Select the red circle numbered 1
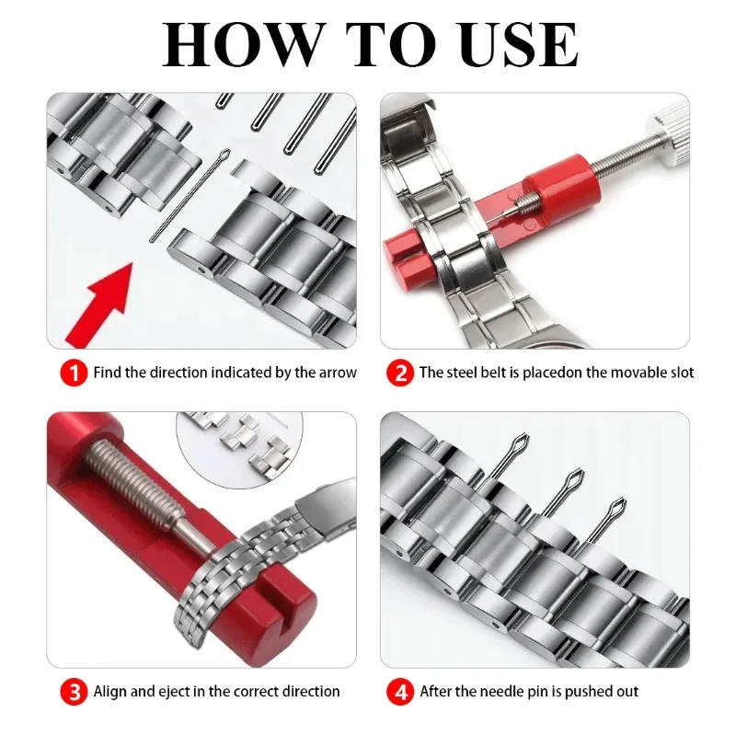pos(74,374)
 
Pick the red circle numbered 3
pos(74,691)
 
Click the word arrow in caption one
pos(337,374)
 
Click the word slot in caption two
pos(680,374)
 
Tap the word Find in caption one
pos(107,374)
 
